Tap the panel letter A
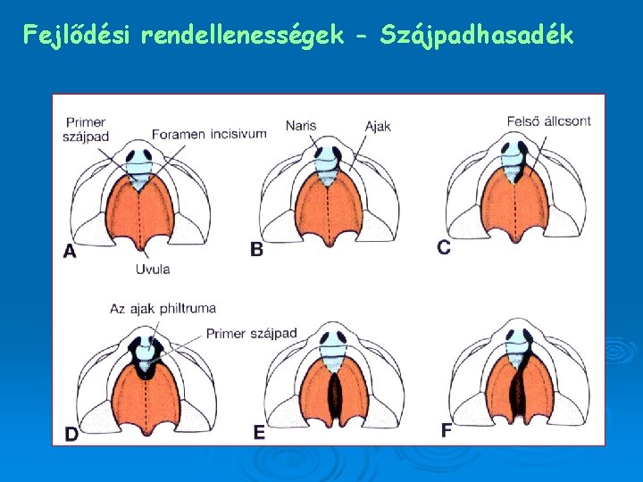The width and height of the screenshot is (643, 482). (70, 251)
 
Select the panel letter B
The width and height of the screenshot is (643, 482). (256, 250)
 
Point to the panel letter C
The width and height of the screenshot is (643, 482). (444, 246)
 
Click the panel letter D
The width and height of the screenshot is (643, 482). (71, 434)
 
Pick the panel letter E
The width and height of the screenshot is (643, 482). (259, 433)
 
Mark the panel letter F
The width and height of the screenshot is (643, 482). (447, 430)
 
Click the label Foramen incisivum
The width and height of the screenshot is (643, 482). (209, 134)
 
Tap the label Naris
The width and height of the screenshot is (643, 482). (301, 126)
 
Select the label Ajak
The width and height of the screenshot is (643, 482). (378, 126)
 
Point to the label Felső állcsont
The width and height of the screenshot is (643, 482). (548, 121)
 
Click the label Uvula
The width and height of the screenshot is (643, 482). (153, 269)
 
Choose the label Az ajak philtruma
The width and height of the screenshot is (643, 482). (163, 309)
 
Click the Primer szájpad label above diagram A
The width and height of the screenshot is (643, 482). (85, 129)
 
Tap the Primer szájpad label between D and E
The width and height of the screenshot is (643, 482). (251, 334)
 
